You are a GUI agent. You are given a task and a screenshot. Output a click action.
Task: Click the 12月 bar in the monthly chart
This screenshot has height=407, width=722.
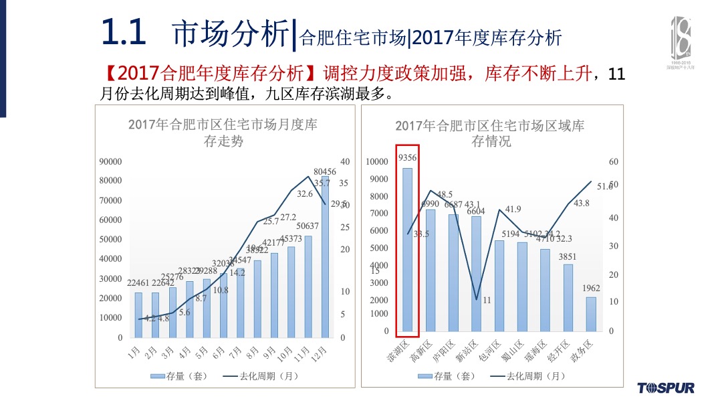click(x=325, y=268)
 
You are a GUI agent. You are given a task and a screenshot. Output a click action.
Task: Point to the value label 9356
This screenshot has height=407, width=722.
click(x=408, y=158)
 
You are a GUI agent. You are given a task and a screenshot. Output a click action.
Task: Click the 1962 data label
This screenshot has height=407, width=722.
click(x=591, y=289)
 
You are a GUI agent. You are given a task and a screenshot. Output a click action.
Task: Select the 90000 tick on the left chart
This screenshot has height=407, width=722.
click(x=110, y=162)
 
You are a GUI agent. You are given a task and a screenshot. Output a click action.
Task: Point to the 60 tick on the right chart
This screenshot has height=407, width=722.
click(x=613, y=162)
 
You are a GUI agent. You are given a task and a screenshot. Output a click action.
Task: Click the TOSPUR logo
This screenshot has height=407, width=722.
click(x=666, y=388)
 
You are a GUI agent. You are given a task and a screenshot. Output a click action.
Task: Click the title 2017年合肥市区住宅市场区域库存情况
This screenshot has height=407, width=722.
click(x=490, y=133)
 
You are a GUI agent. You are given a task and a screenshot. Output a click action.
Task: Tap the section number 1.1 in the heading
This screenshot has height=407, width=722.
click(x=124, y=32)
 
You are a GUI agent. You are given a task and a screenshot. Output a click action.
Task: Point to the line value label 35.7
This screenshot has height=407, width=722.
click(x=322, y=183)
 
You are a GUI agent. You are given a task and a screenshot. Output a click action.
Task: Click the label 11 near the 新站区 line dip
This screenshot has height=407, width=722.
click(x=487, y=300)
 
